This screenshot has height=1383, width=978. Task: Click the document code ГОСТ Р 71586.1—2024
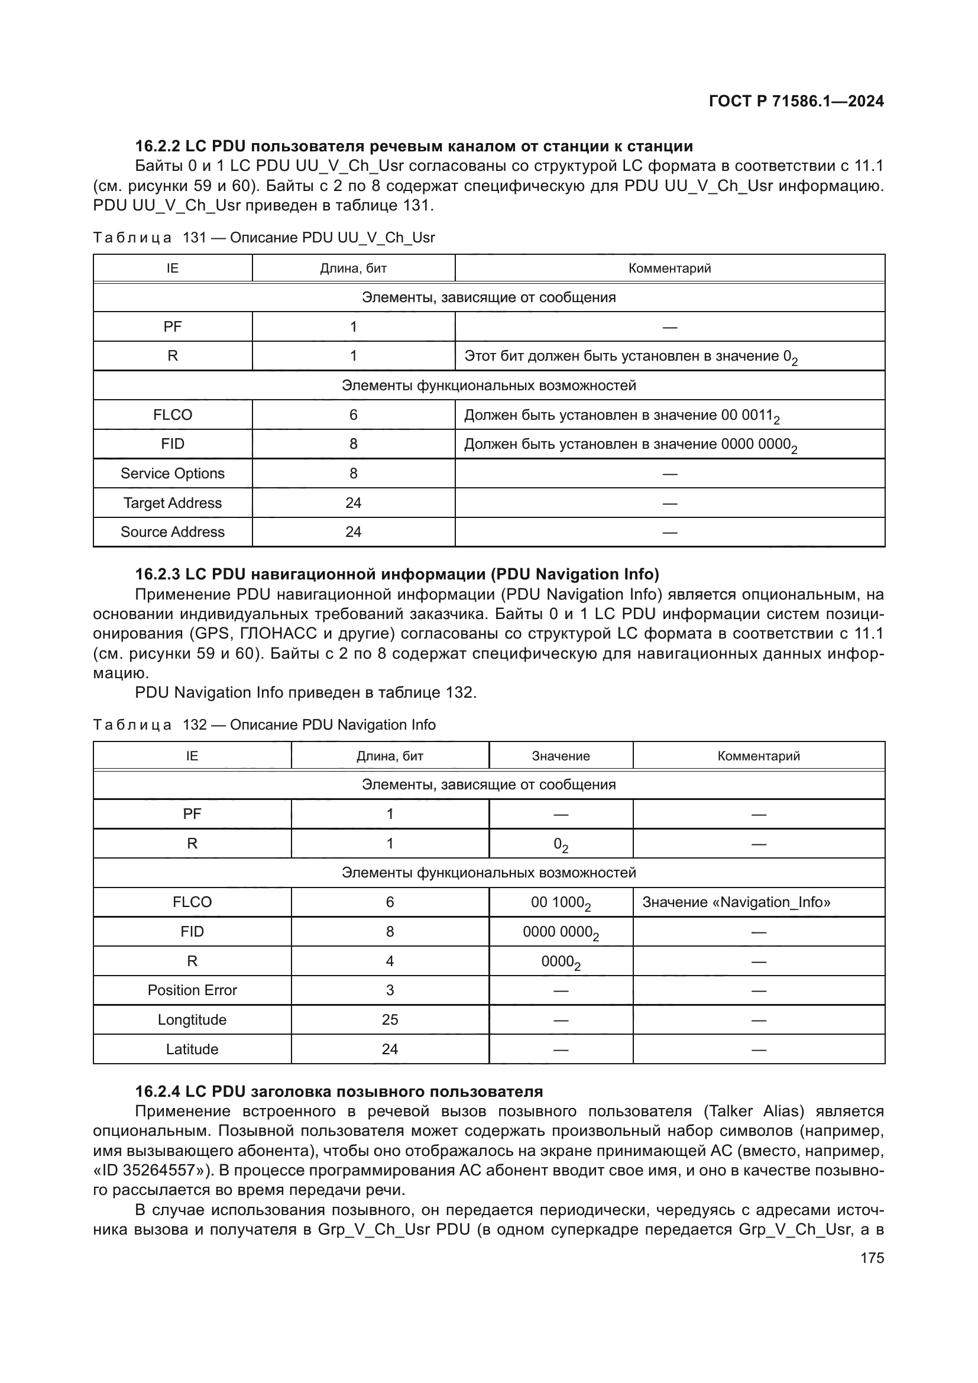coord(795,101)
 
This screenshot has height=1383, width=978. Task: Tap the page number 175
coord(872,1258)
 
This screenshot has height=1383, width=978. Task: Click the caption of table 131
coord(264,237)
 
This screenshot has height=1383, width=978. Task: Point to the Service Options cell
coord(172,474)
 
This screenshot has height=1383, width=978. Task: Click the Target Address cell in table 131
coord(172,503)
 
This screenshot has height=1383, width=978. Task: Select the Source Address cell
coord(172,532)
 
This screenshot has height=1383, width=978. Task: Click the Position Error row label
coord(192,990)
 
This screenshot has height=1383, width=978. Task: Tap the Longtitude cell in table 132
coord(192,1020)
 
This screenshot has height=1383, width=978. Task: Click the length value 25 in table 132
coord(390,1020)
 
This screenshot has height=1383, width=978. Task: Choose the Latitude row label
coord(192,1050)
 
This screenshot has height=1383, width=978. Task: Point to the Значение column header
coord(561,756)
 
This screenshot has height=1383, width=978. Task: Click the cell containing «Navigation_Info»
coord(736,902)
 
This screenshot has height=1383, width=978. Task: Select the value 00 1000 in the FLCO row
coord(560,903)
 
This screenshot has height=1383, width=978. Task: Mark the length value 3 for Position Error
coord(390,990)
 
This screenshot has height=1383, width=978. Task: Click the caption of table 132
coord(264,725)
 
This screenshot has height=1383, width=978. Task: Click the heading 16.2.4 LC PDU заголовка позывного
coord(338,1091)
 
